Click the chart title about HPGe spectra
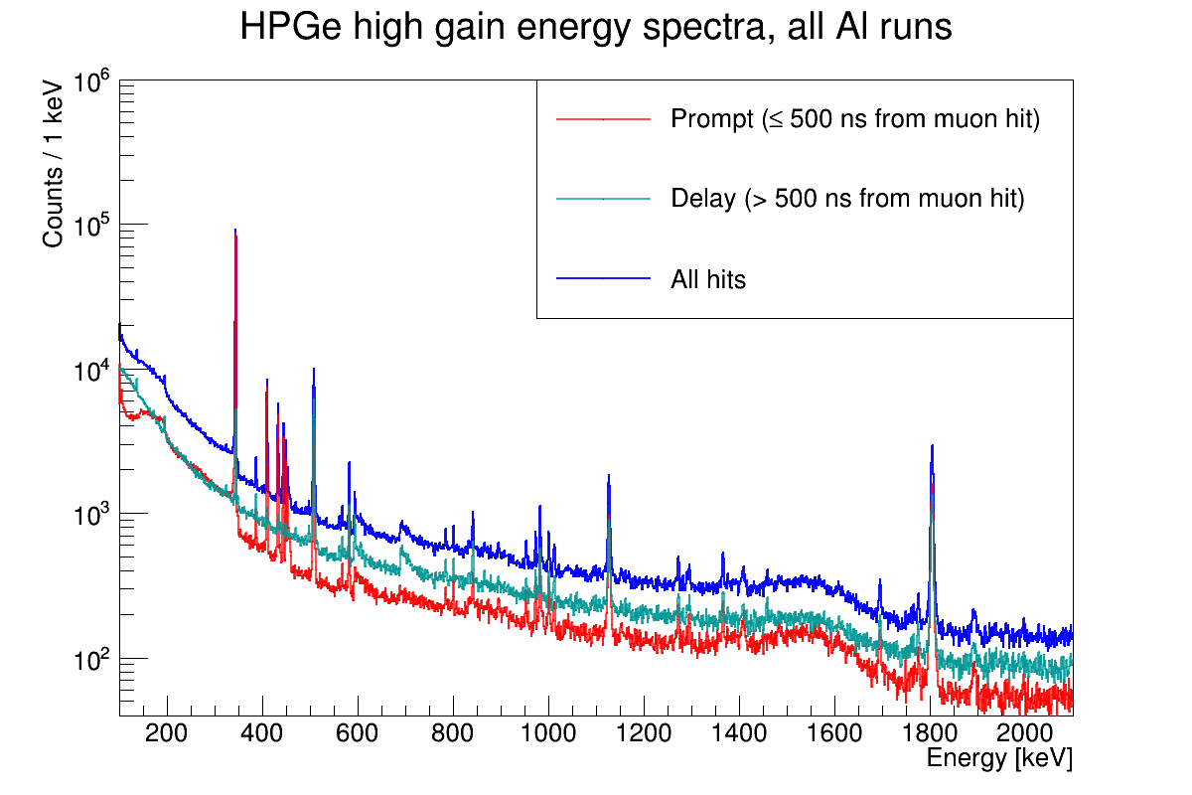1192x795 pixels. click(596, 29)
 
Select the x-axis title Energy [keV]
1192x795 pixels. click(998, 758)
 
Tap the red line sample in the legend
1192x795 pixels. click(603, 119)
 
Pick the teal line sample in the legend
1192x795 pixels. click(603, 199)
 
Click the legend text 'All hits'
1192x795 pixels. click(708, 279)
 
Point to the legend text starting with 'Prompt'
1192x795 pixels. click(854, 120)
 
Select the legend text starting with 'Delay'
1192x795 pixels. click(847, 199)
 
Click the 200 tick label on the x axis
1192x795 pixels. click(166, 734)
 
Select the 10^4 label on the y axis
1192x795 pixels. click(91, 371)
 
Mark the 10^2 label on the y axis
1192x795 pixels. click(91, 659)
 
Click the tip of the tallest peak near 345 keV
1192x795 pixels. click(234, 230)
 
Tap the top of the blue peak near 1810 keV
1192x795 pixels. click(932, 445)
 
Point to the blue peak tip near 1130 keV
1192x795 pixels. click(608, 475)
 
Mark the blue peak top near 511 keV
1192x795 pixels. click(314, 369)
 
